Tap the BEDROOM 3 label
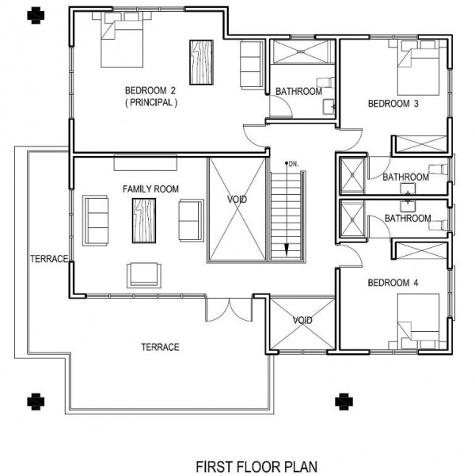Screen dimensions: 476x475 [x=393, y=104]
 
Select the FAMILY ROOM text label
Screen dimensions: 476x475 [x=150, y=188]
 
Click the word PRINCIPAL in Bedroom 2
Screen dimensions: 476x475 [x=150, y=102]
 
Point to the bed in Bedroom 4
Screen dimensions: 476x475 [x=418, y=320]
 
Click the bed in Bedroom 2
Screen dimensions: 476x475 [x=122, y=46]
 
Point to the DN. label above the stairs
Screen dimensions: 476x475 [x=291, y=163]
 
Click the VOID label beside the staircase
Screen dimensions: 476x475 [x=237, y=199]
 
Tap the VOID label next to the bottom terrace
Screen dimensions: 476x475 [x=302, y=320]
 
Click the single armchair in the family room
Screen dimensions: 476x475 [x=143, y=274]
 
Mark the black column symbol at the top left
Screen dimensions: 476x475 [x=32, y=13]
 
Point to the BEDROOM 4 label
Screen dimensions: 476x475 [x=393, y=283]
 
